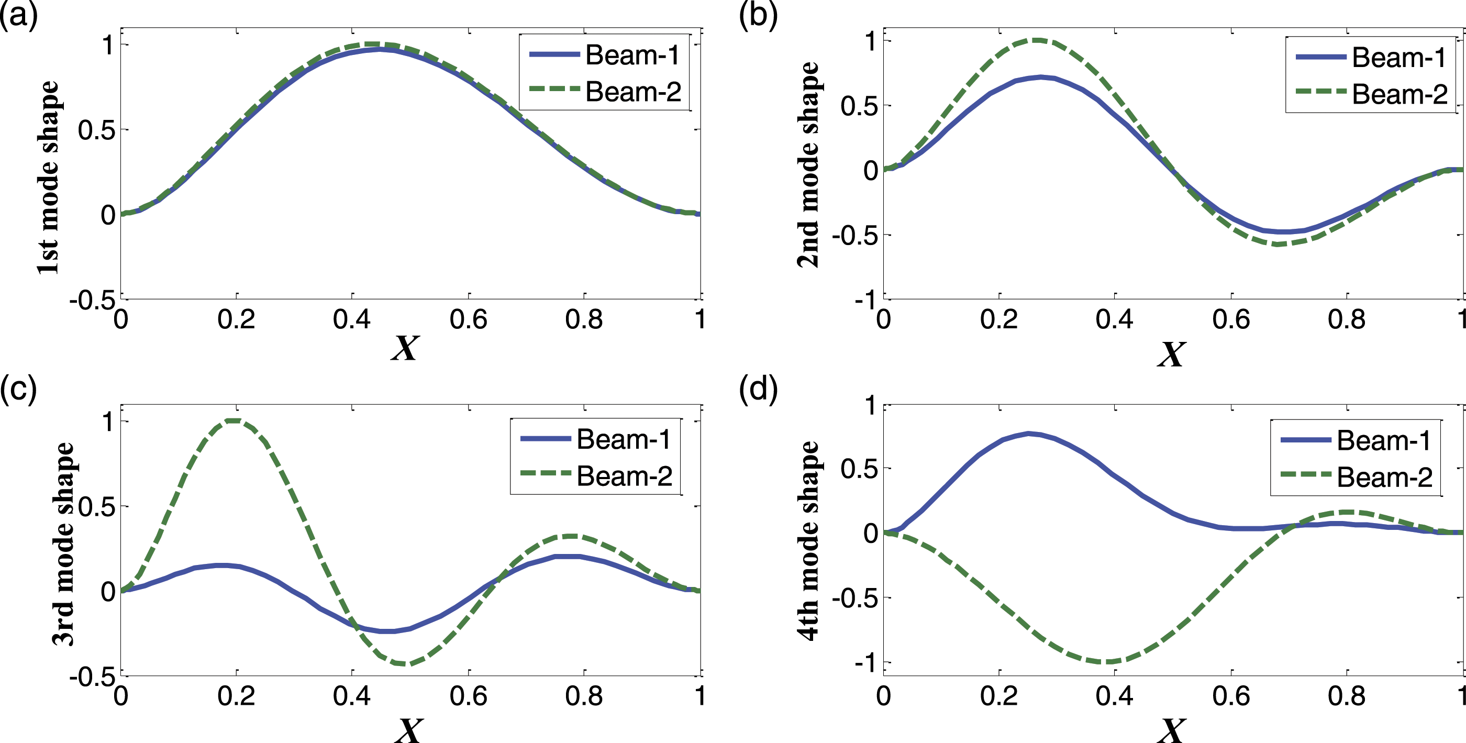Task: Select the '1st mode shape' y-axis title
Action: [x=48, y=178]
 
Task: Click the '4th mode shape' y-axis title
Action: [x=808, y=541]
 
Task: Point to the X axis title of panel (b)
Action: [x=1171, y=353]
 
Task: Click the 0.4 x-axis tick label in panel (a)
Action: [x=352, y=320]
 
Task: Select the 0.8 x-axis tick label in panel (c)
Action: [x=584, y=696]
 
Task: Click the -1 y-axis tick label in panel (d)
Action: [x=866, y=663]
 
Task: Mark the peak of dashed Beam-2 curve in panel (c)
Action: [x=234, y=421]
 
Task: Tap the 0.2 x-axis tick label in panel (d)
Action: [x=999, y=696]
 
